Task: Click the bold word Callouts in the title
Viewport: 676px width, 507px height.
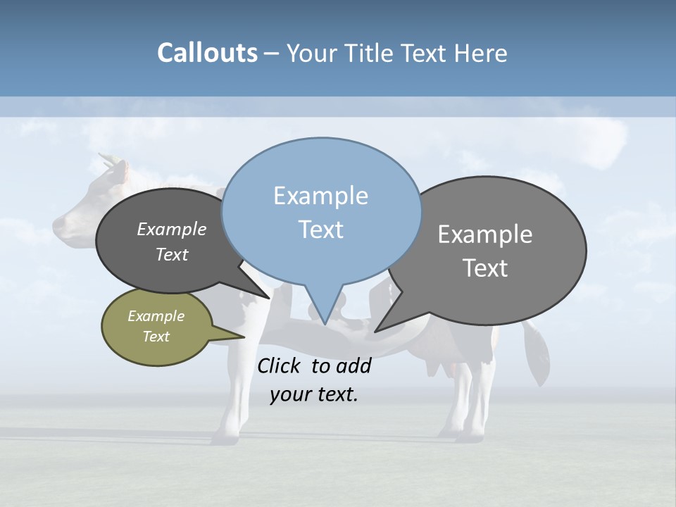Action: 207,54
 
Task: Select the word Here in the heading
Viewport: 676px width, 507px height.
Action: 482,54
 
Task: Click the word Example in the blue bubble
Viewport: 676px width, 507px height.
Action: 320,196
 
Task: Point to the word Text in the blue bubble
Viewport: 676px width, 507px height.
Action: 320,229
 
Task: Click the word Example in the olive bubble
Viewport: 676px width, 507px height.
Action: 156,316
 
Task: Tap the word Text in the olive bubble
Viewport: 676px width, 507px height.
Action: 156,337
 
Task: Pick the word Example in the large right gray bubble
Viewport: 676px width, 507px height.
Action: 485,234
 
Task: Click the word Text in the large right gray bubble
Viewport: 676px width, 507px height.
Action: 485,268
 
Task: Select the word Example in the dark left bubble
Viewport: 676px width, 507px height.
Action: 171,229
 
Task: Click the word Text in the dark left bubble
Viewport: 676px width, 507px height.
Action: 171,254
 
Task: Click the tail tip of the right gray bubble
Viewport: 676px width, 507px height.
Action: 377,330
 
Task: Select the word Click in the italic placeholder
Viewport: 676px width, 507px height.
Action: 280,365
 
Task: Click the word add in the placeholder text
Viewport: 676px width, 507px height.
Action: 353,365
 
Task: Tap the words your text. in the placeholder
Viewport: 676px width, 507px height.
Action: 314,394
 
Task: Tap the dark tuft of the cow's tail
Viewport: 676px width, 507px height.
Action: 539,356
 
